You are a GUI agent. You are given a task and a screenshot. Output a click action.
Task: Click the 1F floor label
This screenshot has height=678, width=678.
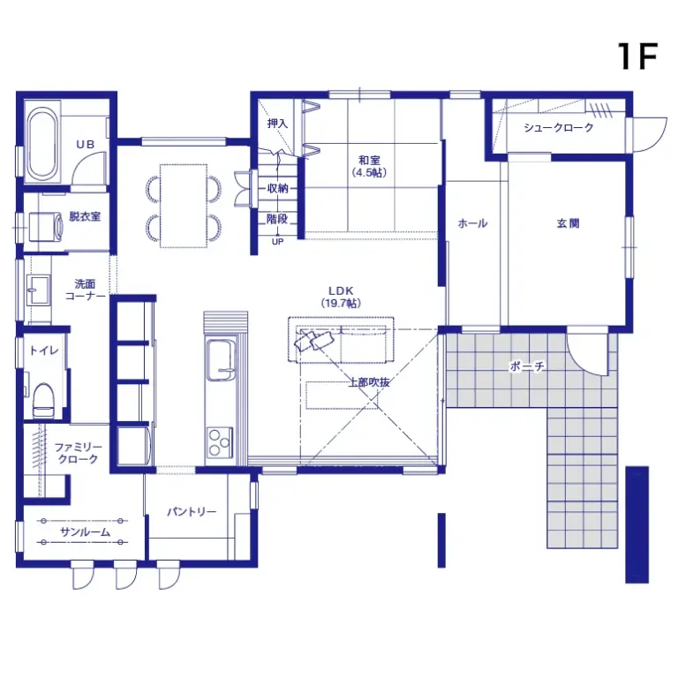click(x=637, y=56)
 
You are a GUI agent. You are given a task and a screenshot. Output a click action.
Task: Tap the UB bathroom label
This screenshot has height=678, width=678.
click(x=84, y=144)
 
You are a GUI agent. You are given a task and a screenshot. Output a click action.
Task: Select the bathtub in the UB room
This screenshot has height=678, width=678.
click(x=41, y=144)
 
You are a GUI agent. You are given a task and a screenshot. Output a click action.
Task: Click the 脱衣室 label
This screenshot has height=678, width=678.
click(x=85, y=215)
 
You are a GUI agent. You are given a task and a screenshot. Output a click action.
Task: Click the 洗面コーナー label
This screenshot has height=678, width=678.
click(x=85, y=290)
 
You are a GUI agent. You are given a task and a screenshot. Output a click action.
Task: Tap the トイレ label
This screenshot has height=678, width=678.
click(x=44, y=350)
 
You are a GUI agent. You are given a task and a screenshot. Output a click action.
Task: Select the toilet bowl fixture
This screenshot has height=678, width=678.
click(x=43, y=400)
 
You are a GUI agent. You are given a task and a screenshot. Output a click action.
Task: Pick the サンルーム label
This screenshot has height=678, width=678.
click(x=85, y=532)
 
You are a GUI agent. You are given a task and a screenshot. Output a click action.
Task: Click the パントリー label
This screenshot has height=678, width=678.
click(x=192, y=512)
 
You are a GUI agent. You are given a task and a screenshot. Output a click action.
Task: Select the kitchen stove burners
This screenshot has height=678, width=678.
click(x=219, y=440)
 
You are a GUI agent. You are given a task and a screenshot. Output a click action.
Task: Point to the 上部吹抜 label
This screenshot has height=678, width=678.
click(x=369, y=382)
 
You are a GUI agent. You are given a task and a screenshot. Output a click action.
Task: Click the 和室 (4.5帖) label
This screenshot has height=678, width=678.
click(x=370, y=166)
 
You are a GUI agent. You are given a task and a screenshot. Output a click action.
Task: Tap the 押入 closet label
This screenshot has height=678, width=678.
click(x=277, y=124)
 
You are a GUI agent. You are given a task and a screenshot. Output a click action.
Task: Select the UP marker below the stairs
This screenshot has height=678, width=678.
click(x=277, y=241)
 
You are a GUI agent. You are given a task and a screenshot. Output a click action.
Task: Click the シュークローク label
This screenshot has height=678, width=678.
click(x=558, y=128)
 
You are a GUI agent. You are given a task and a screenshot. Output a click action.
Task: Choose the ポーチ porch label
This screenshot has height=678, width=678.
click(x=526, y=365)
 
